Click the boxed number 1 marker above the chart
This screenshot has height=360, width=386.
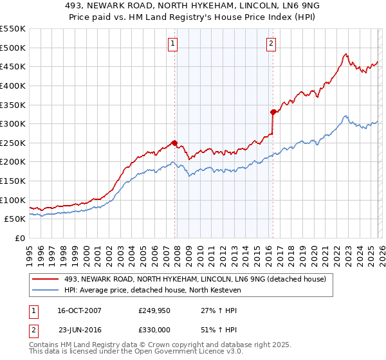click(x=174, y=44)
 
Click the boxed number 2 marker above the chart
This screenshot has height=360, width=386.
click(x=271, y=44)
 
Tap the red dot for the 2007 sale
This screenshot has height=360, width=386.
click(x=174, y=143)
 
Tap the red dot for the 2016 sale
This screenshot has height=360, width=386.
click(x=273, y=112)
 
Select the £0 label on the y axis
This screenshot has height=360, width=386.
click(x=20, y=238)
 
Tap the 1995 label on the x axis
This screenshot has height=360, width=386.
click(x=30, y=254)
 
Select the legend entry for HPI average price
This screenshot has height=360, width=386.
click(x=152, y=291)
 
